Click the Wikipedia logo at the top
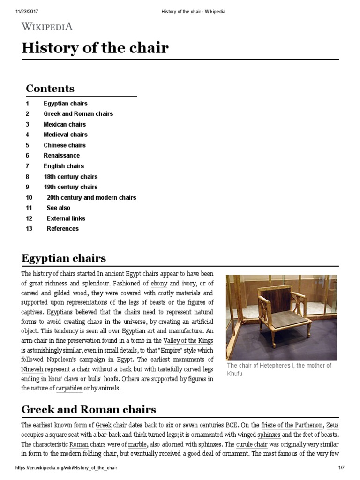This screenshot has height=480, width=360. pyautogui.click(x=47, y=26)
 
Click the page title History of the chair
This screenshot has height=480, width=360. pyautogui.click(x=95, y=48)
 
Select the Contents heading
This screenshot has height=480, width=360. pyautogui.click(x=50, y=89)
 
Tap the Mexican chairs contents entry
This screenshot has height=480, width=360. pyautogui.click(x=65, y=124)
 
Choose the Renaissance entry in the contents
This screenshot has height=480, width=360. pyautogui.click(x=61, y=156)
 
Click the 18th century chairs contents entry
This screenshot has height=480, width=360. pyautogui.click(x=70, y=177)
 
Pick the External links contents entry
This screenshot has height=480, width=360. pyautogui.click(x=66, y=218)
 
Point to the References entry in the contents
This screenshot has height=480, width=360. pyautogui.click(x=62, y=229)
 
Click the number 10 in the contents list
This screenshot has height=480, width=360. pyautogui.click(x=29, y=198)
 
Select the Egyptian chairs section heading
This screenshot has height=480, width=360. pyautogui.click(x=64, y=258)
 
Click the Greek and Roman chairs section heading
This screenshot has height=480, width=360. pyautogui.click(x=89, y=409)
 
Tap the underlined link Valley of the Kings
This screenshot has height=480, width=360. pyautogui.click(x=188, y=340)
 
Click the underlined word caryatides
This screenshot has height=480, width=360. pyautogui.click(x=69, y=389)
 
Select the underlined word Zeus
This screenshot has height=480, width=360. pyautogui.click(x=332, y=425)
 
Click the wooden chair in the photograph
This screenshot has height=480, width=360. pyautogui.click(x=280, y=314)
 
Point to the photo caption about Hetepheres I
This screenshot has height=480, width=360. pyautogui.click(x=279, y=369)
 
